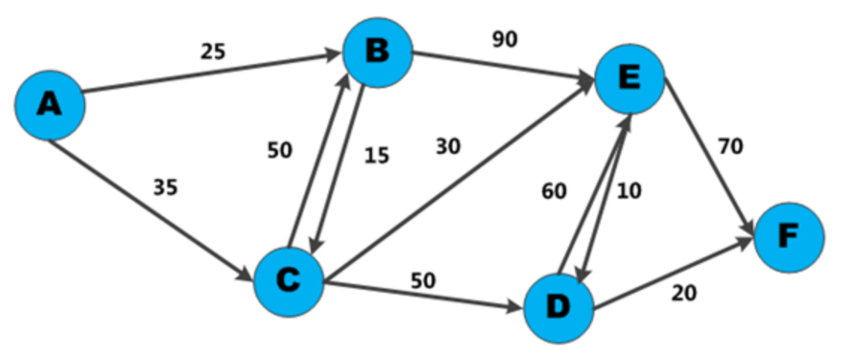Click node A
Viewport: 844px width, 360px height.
[x=49, y=105]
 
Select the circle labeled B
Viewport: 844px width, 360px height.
[x=378, y=53]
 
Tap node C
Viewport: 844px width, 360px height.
[x=288, y=282]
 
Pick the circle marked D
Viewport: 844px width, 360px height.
[x=559, y=307]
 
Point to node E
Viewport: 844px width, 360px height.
[x=630, y=78]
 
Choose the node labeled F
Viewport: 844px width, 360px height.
[x=789, y=237]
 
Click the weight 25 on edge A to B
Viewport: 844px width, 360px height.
[x=213, y=52]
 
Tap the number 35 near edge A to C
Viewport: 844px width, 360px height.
[x=166, y=187]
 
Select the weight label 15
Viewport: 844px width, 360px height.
[x=377, y=157]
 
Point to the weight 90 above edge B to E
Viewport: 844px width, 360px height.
[x=505, y=40]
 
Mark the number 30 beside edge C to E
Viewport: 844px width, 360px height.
[x=448, y=146]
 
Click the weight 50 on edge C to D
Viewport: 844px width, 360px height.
[x=423, y=280]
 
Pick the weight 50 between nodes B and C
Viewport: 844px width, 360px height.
[x=280, y=150]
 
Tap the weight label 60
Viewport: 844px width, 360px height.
[x=554, y=191]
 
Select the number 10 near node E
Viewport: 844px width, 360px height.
[x=629, y=191]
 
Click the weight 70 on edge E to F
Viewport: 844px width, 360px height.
[x=730, y=147]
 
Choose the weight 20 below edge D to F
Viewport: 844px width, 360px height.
[x=684, y=294]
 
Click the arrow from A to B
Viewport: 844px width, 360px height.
[x=209, y=73]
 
